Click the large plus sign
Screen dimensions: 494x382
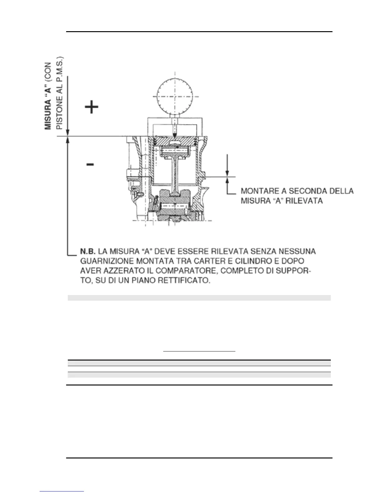coord(92,107)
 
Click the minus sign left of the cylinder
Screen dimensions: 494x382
coord(90,164)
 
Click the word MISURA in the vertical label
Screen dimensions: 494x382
coord(48,114)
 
